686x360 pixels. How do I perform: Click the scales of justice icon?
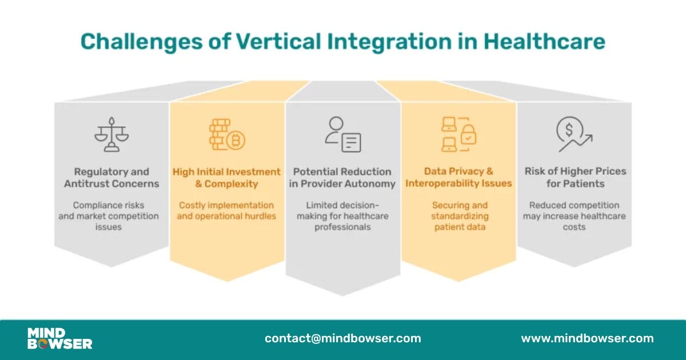coord(111,134)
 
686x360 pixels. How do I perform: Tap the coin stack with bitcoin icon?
coord(227,134)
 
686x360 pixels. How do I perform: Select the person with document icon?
coord(342,134)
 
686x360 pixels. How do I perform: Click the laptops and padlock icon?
coord(458,134)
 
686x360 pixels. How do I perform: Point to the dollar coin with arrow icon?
coord(574,134)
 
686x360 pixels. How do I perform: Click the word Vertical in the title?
coord(278,41)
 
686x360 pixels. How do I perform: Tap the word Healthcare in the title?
coord(544,41)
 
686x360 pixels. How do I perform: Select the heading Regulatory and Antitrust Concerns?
coord(111,178)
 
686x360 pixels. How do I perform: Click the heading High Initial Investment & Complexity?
coord(226,178)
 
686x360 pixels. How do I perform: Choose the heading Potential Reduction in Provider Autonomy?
coord(342,178)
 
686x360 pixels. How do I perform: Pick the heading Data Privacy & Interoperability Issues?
coord(458,177)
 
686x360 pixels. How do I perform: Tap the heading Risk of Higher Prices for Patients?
coord(576,177)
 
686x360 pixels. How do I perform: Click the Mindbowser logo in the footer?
coord(59,338)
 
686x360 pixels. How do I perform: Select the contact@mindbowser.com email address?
coord(343,338)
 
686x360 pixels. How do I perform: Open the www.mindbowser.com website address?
coord(588,338)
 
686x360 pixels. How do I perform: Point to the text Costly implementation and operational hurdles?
coord(226,211)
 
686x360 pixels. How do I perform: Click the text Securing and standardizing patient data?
coord(460,216)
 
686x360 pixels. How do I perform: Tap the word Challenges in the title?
coord(142,42)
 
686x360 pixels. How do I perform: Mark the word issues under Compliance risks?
coord(109,227)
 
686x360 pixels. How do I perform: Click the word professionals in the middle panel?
coord(342,227)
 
